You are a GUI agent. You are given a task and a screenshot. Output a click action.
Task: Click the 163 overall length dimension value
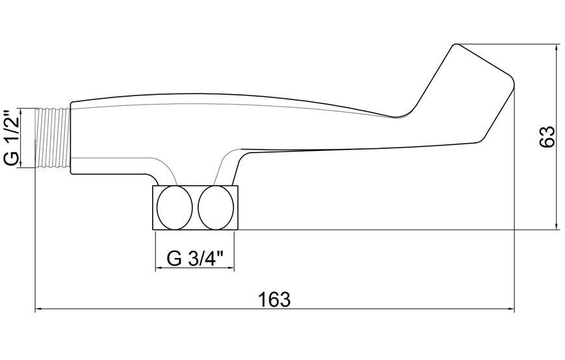click(274, 300)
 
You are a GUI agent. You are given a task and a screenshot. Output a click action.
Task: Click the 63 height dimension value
click(547, 136)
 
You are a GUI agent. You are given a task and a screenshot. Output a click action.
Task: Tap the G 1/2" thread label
click(12, 137)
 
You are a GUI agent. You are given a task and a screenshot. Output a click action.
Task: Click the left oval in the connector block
click(175, 208)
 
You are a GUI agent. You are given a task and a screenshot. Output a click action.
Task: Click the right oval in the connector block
click(216, 208)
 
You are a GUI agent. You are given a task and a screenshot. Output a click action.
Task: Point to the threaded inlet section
click(53, 137)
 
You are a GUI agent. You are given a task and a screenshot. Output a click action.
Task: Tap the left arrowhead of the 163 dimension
click(38, 309)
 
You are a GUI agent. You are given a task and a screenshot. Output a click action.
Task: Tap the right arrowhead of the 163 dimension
click(511, 309)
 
